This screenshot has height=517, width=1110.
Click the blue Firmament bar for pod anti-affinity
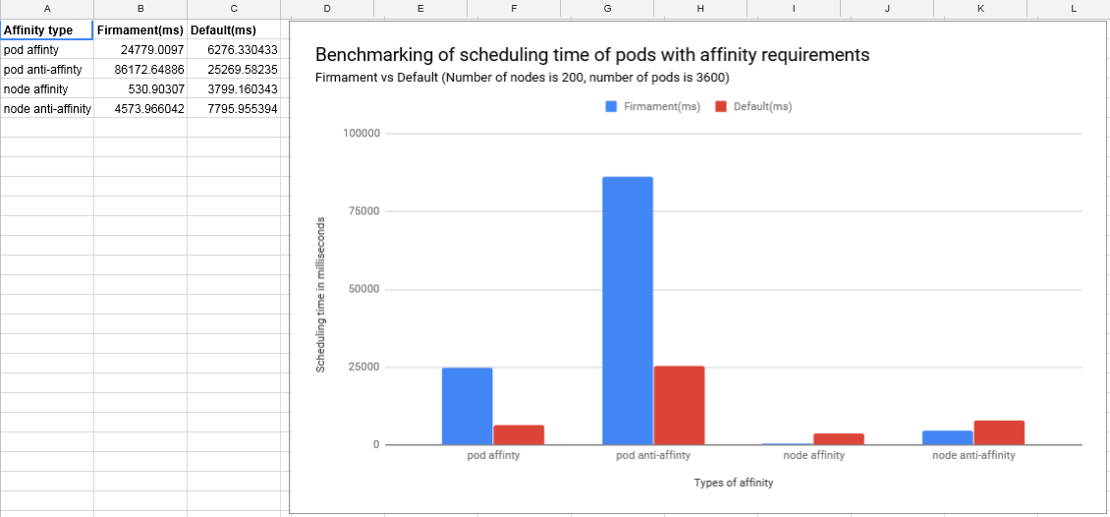tap(628, 311)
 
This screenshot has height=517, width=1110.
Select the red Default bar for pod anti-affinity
tap(679, 406)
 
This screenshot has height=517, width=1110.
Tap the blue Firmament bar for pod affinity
tap(468, 407)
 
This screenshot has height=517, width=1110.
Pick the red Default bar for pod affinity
tap(519, 434)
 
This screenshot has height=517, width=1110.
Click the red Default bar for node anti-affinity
tap(999, 432)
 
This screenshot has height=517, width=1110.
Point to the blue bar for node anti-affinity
tap(948, 437)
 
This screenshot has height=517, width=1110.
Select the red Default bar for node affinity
tap(839, 439)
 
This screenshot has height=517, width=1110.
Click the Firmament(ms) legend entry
tap(652, 107)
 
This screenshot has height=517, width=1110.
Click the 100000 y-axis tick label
tap(362, 133)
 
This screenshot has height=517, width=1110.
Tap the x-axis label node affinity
tap(814, 455)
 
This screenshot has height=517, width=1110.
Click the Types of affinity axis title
tap(734, 483)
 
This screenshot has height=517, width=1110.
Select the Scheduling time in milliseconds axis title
tap(320, 295)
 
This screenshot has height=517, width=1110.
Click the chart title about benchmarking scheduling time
tap(591, 55)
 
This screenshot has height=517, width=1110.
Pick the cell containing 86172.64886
tap(140, 70)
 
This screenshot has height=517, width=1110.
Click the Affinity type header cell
tap(47, 30)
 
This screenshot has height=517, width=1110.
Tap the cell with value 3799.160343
tap(234, 90)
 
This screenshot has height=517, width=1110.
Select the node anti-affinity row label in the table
tap(47, 109)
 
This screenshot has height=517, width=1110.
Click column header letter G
tap(607, 9)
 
